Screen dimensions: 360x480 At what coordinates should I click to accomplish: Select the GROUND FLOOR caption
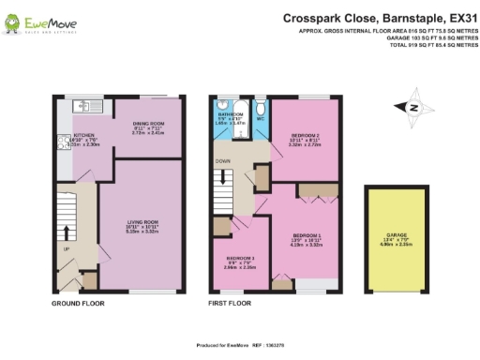click(77, 305)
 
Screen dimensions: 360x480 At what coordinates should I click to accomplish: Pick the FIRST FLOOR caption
click(230, 305)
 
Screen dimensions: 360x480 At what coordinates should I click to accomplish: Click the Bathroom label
click(230, 115)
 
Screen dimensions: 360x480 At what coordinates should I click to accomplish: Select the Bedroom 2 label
click(306, 139)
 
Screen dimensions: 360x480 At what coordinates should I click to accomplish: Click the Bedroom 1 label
click(306, 237)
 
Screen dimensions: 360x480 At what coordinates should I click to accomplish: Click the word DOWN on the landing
click(223, 160)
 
